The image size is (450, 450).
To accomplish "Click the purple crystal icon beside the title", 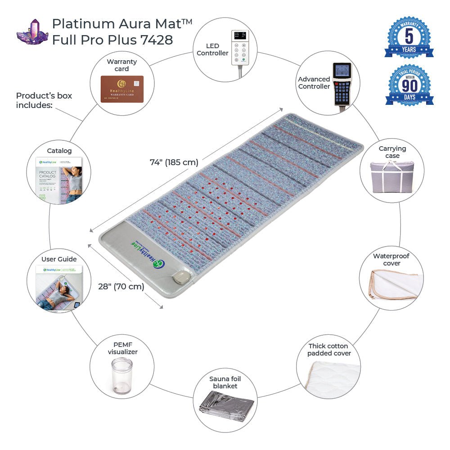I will point(32,32).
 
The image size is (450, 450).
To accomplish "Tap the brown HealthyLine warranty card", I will point(121,89).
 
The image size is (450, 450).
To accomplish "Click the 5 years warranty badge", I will point(409,38).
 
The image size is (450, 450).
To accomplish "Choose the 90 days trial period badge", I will point(409,85).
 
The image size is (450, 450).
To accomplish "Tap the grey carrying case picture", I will point(391,176).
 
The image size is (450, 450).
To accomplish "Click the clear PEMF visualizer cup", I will point(121,376).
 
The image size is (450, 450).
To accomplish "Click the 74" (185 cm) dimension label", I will point(174,162).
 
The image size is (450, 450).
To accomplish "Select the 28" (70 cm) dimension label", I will point(121,286).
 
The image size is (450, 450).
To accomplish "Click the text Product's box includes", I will point(44,100).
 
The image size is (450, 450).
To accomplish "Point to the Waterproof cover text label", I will point(391,260).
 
